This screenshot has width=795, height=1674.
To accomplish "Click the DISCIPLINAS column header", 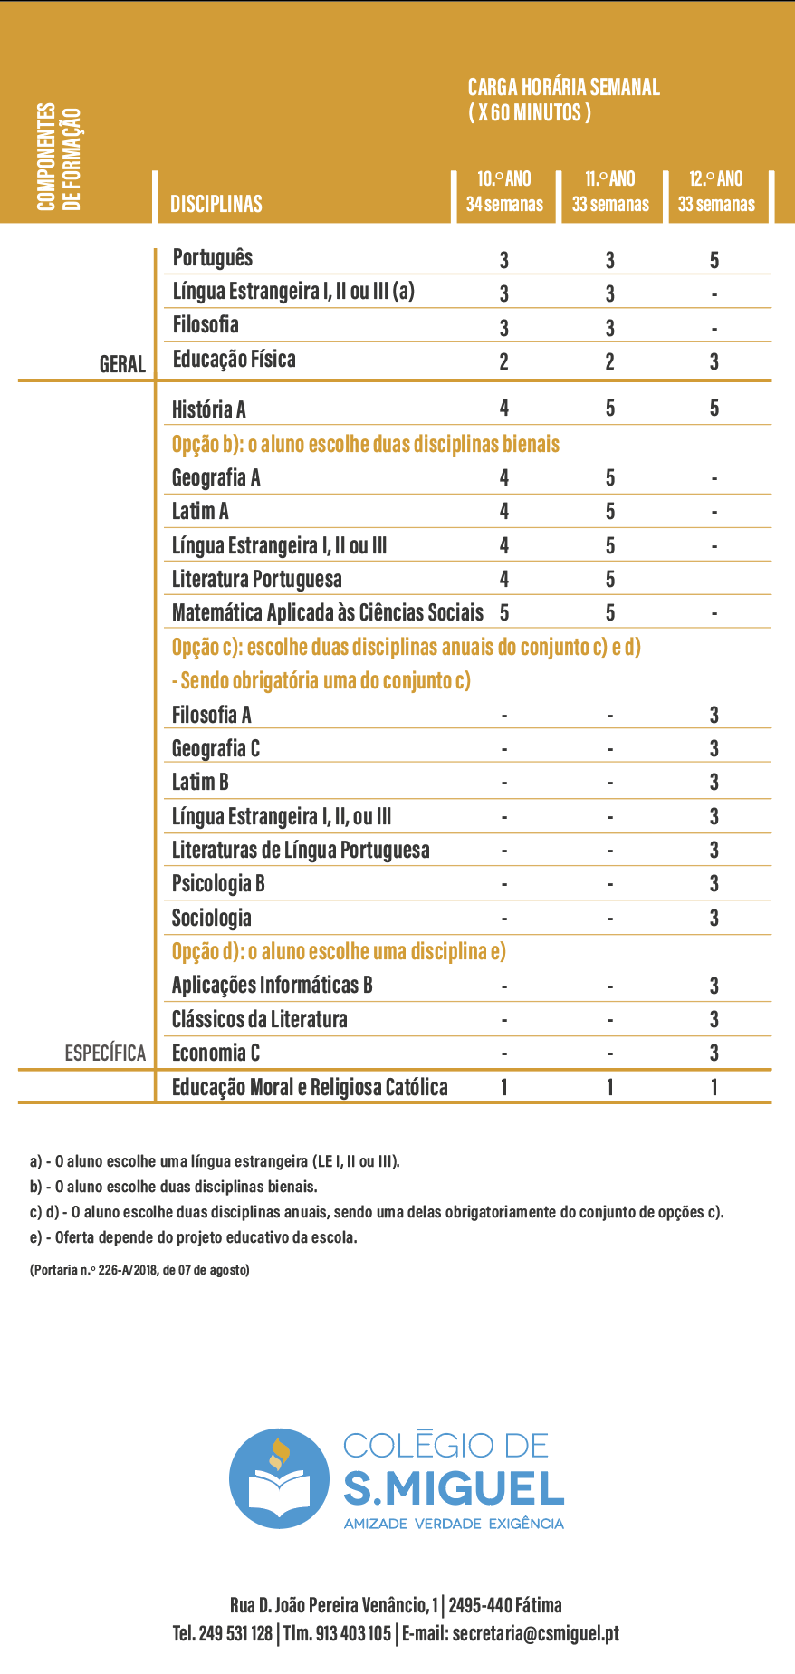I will tap(216, 204).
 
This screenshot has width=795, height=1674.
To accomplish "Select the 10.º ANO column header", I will tap(504, 191).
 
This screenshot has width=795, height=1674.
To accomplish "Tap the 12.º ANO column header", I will tap(716, 191).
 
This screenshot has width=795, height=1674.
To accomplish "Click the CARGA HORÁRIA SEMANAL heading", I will tap(563, 100).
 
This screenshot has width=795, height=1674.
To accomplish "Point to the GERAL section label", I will tap(122, 364).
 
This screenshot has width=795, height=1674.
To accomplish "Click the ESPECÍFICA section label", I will tap(105, 1053).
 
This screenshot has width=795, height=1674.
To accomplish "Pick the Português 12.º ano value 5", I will tap(714, 261).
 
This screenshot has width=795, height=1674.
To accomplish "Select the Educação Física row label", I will tap(234, 360).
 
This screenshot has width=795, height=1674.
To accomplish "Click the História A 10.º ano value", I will tap(504, 408).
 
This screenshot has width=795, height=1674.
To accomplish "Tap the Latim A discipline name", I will tap(200, 512).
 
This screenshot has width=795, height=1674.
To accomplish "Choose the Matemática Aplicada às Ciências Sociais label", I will tap(328, 613).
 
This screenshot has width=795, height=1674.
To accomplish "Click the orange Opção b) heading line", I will tap(366, 444).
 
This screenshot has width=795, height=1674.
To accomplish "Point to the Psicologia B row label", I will tap(218, 884).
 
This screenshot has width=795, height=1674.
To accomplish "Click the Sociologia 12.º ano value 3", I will tap(714, 918).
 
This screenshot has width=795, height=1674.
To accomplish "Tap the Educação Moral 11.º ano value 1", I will tap(610, 1087).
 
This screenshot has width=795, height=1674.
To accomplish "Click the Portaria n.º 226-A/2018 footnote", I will tap(139, 1270).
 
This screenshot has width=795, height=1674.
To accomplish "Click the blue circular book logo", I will tap(279, 1478).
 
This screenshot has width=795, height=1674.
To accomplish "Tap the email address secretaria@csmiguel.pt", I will tap(535, 1633).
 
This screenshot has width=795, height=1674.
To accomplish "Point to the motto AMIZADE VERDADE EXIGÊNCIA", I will tap(454, 1524).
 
